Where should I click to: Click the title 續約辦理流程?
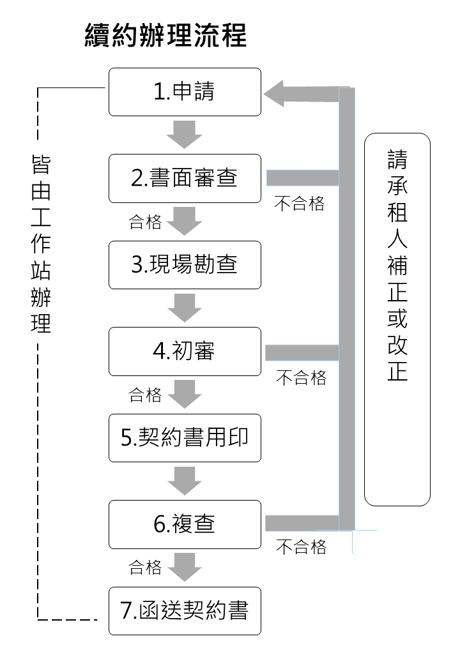point(165,36)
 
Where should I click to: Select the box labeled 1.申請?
point(185,92)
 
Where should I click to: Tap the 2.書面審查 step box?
point(185,178)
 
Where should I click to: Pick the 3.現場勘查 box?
point(185,264)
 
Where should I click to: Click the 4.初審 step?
point(185,351)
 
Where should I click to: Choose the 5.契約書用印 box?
point(185,438)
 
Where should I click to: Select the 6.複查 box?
point(185,524)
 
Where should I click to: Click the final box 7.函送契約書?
point(185,611)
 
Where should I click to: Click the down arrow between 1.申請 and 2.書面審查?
point(185,135)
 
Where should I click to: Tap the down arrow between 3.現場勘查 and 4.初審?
point(185,308)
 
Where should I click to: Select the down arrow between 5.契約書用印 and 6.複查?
point(185,481)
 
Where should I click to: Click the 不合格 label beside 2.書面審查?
point(300,204)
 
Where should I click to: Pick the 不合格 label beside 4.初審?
point(301,377)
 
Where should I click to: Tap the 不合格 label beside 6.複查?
point(301,547)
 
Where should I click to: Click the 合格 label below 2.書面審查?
point(145,222)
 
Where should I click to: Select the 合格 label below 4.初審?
point(145,395)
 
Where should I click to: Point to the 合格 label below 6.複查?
point(145,567)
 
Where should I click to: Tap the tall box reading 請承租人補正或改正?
point(397,319)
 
